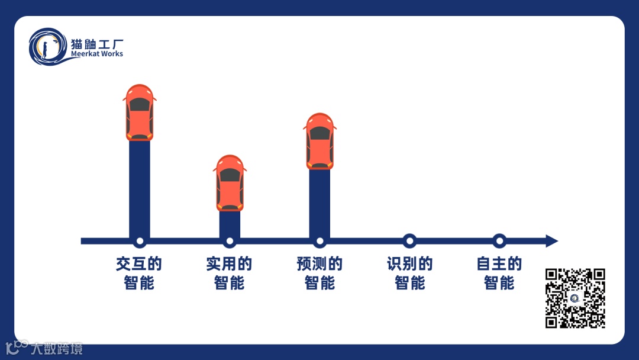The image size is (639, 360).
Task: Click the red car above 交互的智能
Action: pyautogui.click(x=140, y=112)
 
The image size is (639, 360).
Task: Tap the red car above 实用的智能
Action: pyautogui.click(x=230, y=183)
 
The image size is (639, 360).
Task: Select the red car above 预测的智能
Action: pyautogui.click(x=319, y=141)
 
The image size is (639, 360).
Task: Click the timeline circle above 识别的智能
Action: pyautogui.click(x=409, y=241)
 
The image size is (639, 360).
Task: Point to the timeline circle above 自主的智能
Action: pyautogui.click(x=499, y=241)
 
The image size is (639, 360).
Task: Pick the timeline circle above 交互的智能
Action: pyautogui.click(x=140, y=241)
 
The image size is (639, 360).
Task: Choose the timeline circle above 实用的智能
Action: pyautogui.click(x=230, y=241)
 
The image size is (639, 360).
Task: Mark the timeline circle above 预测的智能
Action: pyautogui.click(x=319, y=241)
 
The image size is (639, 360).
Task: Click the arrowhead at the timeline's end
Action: pyautogui.click(x=551, y=241)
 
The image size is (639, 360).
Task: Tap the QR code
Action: pyautogui.click(x=575, y=298)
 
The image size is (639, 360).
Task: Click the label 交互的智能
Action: pyautogui.click(x=139, y=273)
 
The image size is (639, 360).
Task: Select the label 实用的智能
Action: pyautogui.click(x=229, y=273)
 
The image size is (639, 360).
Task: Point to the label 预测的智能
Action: pyautogui.click(x=319, y=273)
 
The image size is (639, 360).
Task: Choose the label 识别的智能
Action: pyautogui.click(x=409, y=273)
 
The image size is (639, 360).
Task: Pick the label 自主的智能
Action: pyautogui.click(x=499, y=273)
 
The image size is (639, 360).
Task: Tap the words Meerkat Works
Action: pyautogui.click(x=96, y=54)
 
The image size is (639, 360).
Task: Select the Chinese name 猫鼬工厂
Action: pyautogui.click(x=96, y=44)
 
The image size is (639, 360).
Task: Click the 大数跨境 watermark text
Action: pyautogui.click(x=57, y=348)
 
